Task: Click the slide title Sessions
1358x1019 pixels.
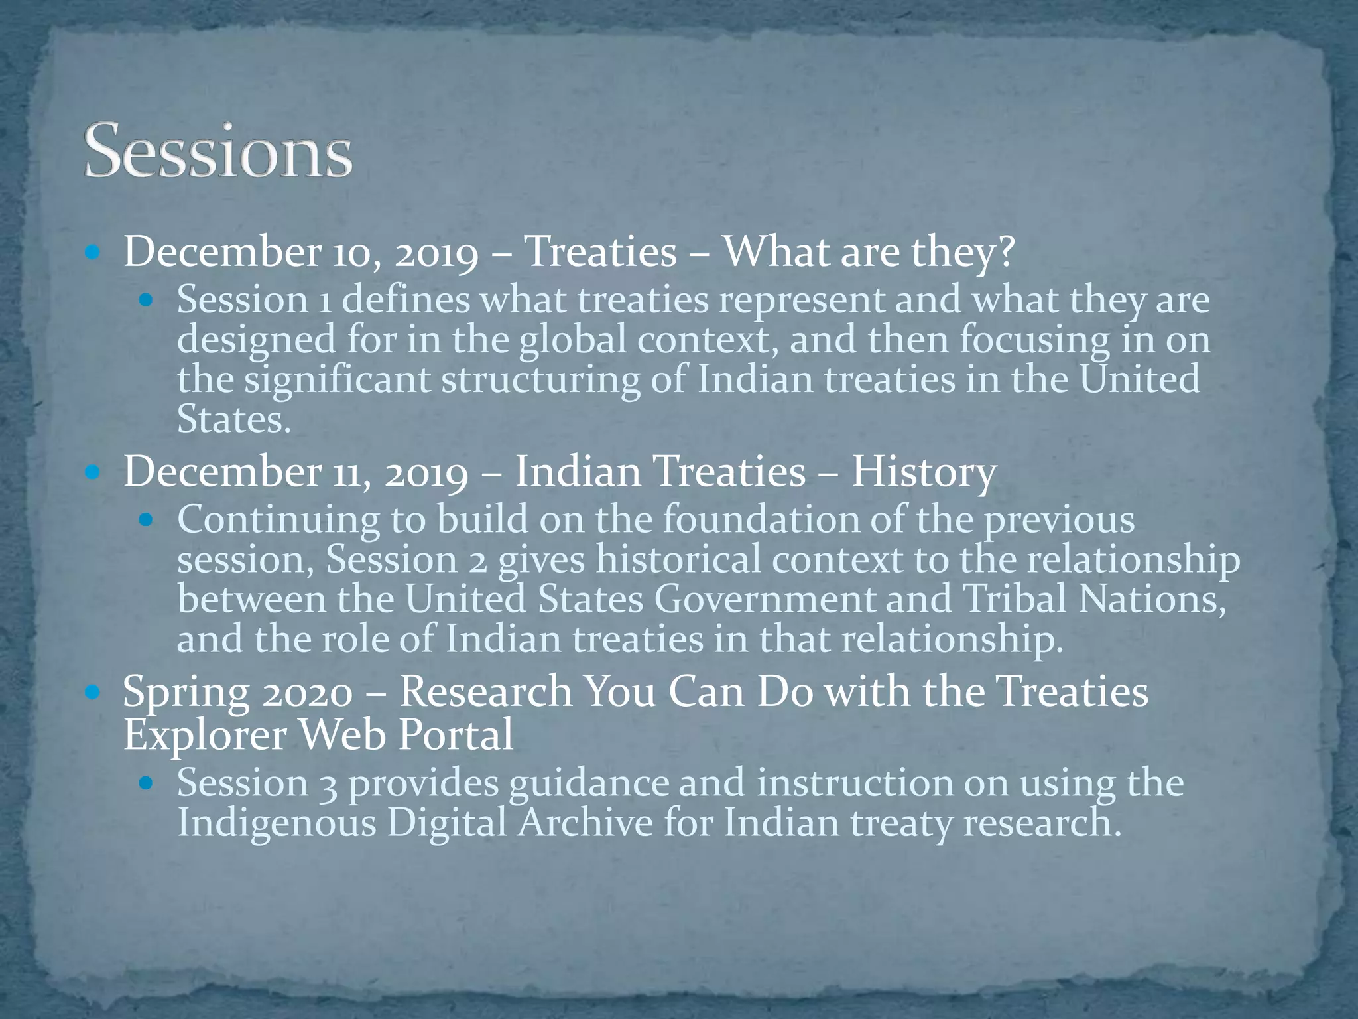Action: (218, 151)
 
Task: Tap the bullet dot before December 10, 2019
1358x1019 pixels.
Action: (93, 253)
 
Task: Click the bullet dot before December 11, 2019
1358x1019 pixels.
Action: (93, 472)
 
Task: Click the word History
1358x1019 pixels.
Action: (924, 472)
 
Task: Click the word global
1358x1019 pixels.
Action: (573, 340)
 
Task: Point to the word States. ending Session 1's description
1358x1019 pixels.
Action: (234, 419)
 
